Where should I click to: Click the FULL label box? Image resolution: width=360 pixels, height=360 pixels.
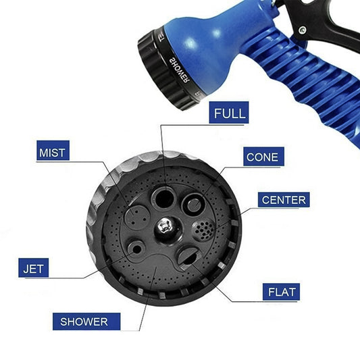pyautogui.click(x=229, y=113)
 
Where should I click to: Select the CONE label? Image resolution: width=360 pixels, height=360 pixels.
pyautogui.click(x=261, y=157)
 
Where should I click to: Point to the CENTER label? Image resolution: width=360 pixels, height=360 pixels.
pyautogui.click(x=283, y=199)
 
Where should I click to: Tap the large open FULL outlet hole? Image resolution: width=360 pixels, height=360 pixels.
pyautogui.click(x=163, y=197)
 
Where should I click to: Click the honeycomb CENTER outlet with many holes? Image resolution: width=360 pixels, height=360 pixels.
pyautogui.click(x=203, y=230)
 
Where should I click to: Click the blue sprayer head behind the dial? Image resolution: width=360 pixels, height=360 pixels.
pyautogui.click(x=209, y=47)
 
